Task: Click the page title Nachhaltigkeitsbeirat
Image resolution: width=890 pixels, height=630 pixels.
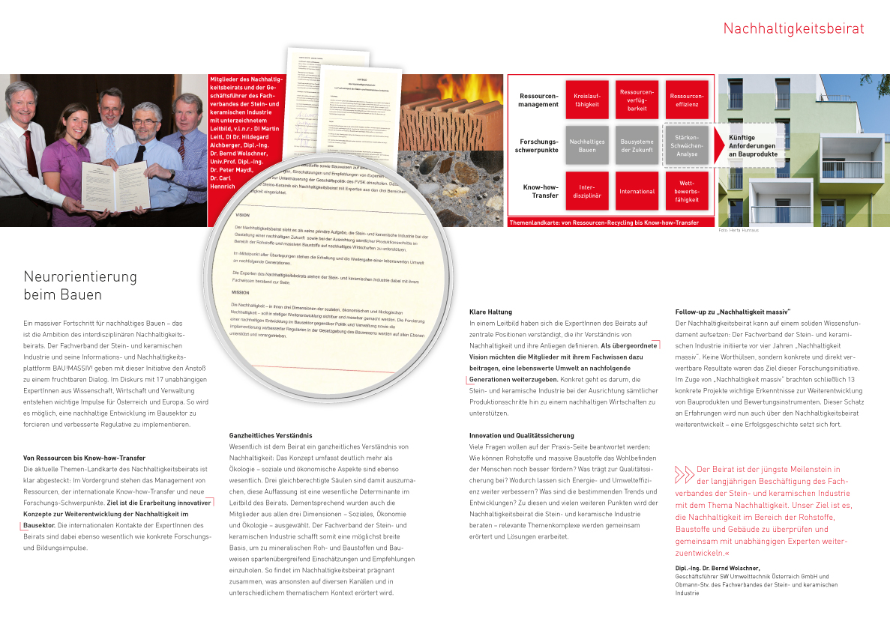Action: [x=793, y=29]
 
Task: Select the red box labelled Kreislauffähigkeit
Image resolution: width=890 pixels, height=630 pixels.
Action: [x=586, y=100]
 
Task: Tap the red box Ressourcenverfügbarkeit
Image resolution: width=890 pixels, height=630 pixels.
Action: [x=637, y=100]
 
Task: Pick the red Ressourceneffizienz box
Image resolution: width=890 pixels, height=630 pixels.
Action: [x=687, y=100]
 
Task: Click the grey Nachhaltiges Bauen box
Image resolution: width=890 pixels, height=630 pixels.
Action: [x=586, y=145]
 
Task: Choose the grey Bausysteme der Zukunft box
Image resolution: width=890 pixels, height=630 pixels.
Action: [x=637, y=145]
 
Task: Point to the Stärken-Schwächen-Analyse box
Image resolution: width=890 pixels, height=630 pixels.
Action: [x=687, y=145]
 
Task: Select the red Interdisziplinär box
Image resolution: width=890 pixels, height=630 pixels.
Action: [x=586, y=191]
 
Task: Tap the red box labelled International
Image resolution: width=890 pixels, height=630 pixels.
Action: [x=637, y=191]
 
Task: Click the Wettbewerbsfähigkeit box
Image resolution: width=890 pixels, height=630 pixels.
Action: [x=687, y=190]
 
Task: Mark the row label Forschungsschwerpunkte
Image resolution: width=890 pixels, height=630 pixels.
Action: [x=538, y=145]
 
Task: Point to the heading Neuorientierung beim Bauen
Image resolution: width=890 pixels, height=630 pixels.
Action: [x=80, y=285]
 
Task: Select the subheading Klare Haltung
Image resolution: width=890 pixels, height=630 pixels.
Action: [x=490, y=312]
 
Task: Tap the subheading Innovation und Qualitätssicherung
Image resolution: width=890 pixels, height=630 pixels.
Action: [x=521, y=435]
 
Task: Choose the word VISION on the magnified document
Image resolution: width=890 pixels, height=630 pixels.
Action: [x=242, y=215]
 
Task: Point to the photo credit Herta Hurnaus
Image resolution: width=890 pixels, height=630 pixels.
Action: [x=738, y=230]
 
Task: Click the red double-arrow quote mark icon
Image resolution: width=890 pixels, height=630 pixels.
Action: [x=684, y=474]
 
